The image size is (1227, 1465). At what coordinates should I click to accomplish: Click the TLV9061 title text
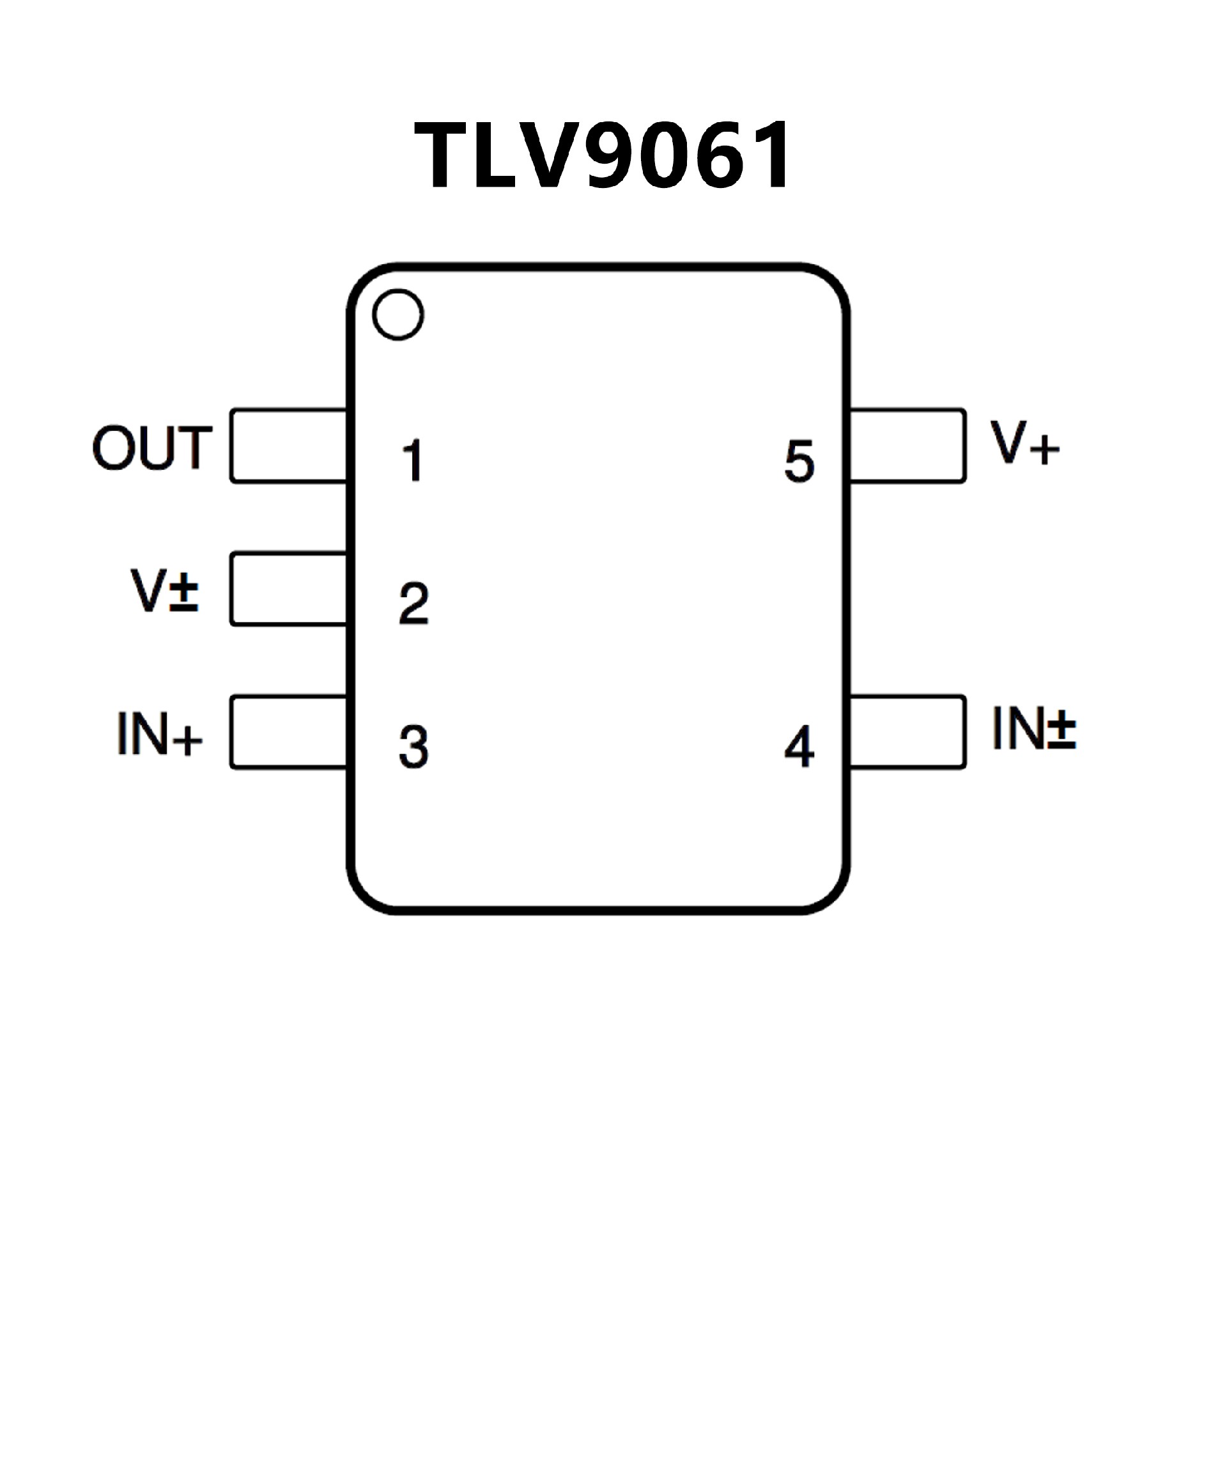tap(604, 155)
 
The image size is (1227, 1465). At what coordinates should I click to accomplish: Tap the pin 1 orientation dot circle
tap(398, 315)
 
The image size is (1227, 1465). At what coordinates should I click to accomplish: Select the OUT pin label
tap(152, 447)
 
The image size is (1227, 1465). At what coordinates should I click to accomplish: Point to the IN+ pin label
tap(160, 734)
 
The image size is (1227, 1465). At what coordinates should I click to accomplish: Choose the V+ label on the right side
tap(1025, 443)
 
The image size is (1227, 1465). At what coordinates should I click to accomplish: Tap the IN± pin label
tap(1034, 728)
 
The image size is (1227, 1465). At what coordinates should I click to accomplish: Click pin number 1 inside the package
tap(413, 460)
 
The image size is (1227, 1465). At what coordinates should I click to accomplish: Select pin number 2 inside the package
tap(413, 604)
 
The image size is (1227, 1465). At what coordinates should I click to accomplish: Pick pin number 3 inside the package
tap(413, 747)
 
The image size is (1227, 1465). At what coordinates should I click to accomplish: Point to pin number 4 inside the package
tap(799, 747)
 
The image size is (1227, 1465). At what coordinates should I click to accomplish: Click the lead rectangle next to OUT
tap(289, 446)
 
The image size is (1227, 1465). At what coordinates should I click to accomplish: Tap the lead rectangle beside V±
tap(289, 590)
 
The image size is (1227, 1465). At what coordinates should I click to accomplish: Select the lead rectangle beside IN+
tap(289, 733)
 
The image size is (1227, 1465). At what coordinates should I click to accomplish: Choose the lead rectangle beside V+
tap(907, 446)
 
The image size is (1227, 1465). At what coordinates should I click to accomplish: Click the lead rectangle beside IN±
tap(907, 733)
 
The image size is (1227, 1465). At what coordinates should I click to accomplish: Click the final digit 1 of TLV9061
tap(770, 155)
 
